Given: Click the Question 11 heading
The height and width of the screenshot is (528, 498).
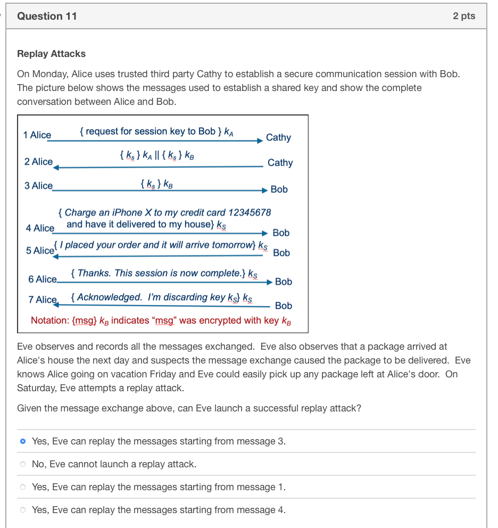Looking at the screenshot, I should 47,16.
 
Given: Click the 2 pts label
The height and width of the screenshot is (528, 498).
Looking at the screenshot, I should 464,16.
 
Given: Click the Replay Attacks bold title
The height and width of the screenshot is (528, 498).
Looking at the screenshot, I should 51,54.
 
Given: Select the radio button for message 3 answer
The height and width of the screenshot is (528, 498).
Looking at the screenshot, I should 22,441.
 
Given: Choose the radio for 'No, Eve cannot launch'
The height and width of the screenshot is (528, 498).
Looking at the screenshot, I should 22,464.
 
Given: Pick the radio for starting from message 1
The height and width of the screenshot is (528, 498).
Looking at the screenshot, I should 22,487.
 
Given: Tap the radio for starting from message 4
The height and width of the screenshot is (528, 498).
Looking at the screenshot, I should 22,510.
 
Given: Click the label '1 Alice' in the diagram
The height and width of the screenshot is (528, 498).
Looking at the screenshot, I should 37,135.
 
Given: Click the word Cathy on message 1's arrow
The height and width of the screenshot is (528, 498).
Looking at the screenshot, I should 278,137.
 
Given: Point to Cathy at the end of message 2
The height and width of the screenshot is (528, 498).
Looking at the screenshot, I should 280,162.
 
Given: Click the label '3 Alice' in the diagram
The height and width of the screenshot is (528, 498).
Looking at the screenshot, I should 38,186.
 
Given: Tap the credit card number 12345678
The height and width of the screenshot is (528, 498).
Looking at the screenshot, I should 249,212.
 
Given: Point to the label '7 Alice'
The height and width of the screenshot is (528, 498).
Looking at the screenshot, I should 43,300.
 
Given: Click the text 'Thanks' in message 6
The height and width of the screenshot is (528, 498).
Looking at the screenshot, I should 94,273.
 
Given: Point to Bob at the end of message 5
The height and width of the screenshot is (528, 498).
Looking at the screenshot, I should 281,253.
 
